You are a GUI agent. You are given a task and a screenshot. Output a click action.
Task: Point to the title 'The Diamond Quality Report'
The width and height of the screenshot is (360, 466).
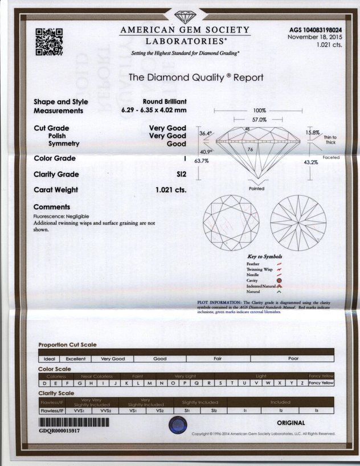coord(196,77)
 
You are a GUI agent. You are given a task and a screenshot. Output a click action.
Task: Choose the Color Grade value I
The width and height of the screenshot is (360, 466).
coord(185,158)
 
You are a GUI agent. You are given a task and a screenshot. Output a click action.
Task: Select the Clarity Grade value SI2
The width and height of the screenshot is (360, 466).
coord(181,174)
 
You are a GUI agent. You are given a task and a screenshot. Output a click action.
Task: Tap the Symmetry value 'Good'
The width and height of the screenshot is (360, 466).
coord(176,145)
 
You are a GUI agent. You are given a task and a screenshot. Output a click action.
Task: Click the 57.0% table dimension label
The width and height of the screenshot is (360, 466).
coord(259,120)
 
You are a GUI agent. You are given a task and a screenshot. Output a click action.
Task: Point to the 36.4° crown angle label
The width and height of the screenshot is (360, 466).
coord(206,133)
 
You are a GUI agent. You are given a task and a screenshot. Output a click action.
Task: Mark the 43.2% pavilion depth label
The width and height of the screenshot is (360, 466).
coord(311,162)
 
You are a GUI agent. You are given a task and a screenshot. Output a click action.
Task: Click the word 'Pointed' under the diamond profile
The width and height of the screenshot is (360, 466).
coord(257,189)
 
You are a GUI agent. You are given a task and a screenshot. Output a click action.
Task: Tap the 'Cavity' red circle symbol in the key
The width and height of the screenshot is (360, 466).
coord(279,280)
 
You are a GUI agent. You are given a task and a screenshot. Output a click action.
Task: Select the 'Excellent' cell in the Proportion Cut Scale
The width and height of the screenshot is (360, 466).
coord(75,359)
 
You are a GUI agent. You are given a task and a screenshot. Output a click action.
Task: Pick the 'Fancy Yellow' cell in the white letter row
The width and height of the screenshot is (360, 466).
coord(320,383)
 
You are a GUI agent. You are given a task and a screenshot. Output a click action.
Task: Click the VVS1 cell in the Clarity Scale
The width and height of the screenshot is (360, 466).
coord(79,410)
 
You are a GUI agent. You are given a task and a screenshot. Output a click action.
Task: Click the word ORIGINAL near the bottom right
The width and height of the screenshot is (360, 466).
coord(291,423)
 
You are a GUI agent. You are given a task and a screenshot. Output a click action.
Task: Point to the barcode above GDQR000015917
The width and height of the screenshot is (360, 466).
coord(73,423)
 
